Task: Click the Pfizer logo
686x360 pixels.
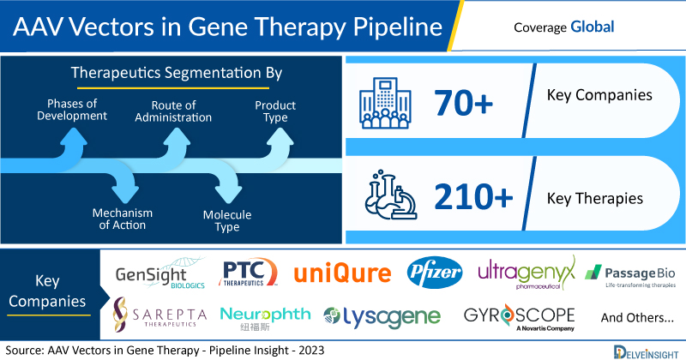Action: (435, 273)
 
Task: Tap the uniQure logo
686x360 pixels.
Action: (342, 273)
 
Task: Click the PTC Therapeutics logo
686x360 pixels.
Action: (248, 272)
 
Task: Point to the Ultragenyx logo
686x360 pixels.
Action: (527, 273)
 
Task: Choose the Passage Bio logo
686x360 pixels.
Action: (630, 276)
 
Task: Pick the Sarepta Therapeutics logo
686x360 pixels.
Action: (159, 315)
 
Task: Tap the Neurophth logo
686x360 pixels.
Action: (265, 318)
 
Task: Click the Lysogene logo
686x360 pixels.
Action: (382, 316)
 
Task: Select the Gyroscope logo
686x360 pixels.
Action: (520, 316)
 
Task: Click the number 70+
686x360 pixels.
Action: (463, 103)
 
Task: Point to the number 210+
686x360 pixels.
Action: (473, 196)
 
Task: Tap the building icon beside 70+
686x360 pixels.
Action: (385, 103)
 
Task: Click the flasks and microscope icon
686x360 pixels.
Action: (391, 195)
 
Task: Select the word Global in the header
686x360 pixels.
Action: (593, 27)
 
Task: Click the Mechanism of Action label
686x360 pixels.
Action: (123, 219)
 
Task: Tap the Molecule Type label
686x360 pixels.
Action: (227, 220)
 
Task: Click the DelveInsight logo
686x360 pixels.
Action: (646, 352)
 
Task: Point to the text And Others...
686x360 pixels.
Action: (637, 317)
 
